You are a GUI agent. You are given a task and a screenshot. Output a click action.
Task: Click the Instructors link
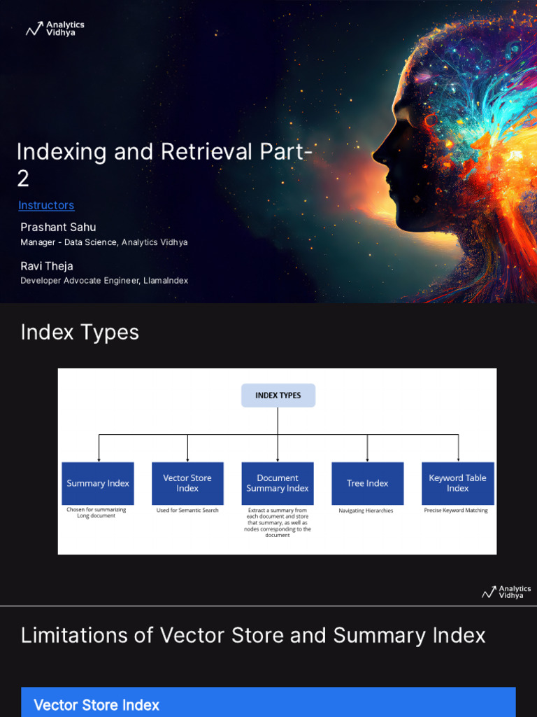pyautogui.click(x=46, y=205)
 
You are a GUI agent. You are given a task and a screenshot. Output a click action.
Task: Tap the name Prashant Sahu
pyautogui.click(x=58, y=227)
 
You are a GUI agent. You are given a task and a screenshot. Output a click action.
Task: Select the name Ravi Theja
pyautogui.click(x=47, y=266)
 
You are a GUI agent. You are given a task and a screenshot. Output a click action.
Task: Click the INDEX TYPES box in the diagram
pyautogui.click(x=278, y=396)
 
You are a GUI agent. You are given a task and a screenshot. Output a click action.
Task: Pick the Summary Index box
pyautogui.click(x=98, y=483)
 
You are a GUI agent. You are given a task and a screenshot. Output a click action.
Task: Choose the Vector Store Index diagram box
pyautogui.click(x=187, y=483)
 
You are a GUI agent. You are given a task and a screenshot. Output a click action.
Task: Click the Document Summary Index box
pyautogui.click(x=278, y=483)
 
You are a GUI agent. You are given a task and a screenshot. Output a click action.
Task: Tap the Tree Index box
pyautogui.click(x=368, y=483)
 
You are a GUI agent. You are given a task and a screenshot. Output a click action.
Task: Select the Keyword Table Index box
pyautogui.click(x=458, y=483)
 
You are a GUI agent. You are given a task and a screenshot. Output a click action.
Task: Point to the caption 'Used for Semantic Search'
pyautogui.click(x=187, y=510)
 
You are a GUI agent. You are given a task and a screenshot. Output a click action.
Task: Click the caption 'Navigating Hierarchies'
pyautogui.click(x=366, y=511)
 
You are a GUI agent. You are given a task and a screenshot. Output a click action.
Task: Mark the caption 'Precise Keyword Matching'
pyautogui.click(x=456, y=510)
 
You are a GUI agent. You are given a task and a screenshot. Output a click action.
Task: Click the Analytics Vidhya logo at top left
pyautogui.click(x=55, y=29)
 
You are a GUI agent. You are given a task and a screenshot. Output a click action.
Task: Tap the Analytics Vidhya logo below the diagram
pyautogui.click(x=506, y=592)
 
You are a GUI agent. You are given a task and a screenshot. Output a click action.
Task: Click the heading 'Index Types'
pyautogui.click(x=80, y=332)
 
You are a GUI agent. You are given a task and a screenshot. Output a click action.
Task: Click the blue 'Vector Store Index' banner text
pyautogui.click(x=96, y=705)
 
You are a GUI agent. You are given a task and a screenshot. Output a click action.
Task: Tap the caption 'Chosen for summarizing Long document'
pyautogui.click(x=96, y=513)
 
